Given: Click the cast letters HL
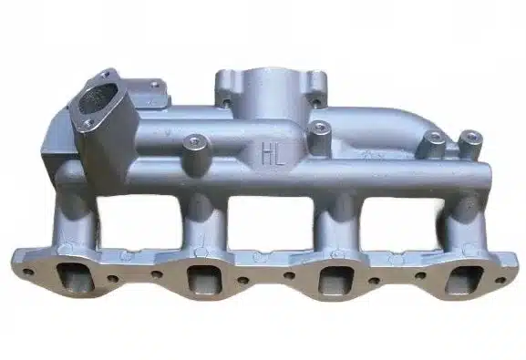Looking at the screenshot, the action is pos(273,154).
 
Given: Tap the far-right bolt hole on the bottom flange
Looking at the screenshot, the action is pos(500,280).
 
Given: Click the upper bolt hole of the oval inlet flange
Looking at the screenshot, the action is pos(107,74).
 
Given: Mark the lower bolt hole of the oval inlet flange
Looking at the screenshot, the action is pos(88,123).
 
